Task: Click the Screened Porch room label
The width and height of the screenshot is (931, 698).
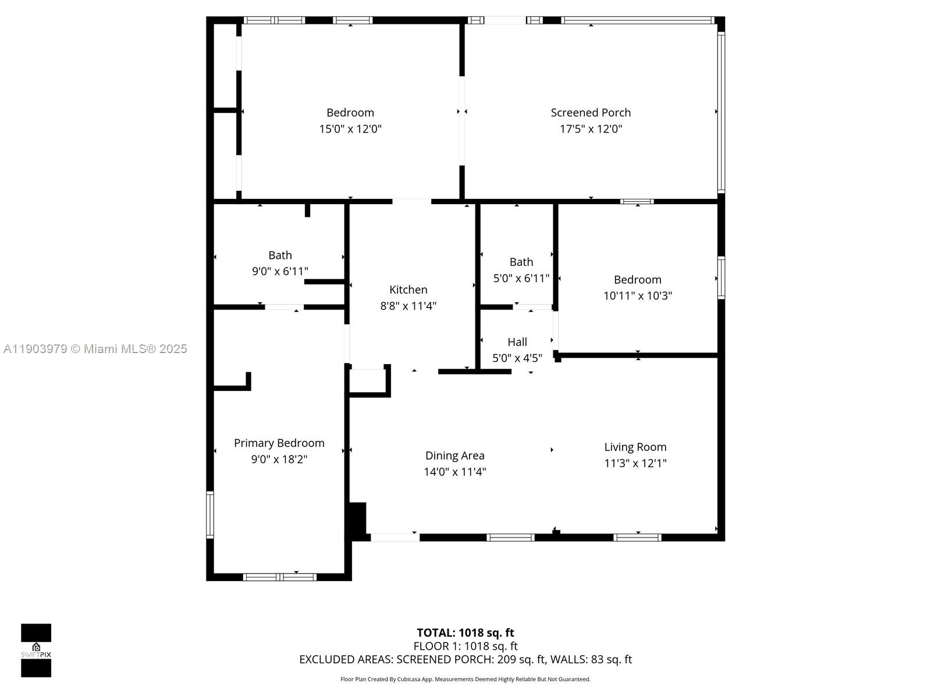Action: coord(591,113)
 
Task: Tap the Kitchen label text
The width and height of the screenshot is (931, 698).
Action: coord(408,290)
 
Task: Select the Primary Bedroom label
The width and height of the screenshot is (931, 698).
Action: coord(279,443)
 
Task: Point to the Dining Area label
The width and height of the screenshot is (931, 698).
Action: coord(454,455)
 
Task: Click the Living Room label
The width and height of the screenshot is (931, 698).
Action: coord(635,447)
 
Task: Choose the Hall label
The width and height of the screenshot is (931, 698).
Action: coord(517,342)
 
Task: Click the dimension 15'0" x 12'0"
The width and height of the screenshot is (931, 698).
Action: coord(350,129)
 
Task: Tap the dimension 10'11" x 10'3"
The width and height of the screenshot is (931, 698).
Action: coord(638,296)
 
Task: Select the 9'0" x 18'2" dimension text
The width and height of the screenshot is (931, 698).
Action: coord(279,460)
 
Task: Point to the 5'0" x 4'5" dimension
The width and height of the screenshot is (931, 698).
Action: coord(517,358)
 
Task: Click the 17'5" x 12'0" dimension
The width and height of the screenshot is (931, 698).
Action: coord(591,129)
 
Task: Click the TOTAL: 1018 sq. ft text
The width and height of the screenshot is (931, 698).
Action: coord(465,633)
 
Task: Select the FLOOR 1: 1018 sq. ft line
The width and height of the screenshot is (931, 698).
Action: coord(465,646)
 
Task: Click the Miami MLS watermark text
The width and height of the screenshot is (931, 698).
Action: coord(95,349)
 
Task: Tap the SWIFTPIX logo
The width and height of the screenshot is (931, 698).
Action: coord(36,650)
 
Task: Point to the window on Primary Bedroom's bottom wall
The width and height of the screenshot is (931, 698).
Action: coord(279,577)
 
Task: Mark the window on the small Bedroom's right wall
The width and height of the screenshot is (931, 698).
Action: coord(721,277)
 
